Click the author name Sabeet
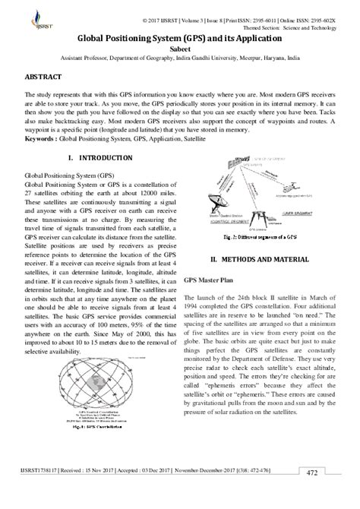tap(180, 47)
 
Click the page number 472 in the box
tap(333, 494)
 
